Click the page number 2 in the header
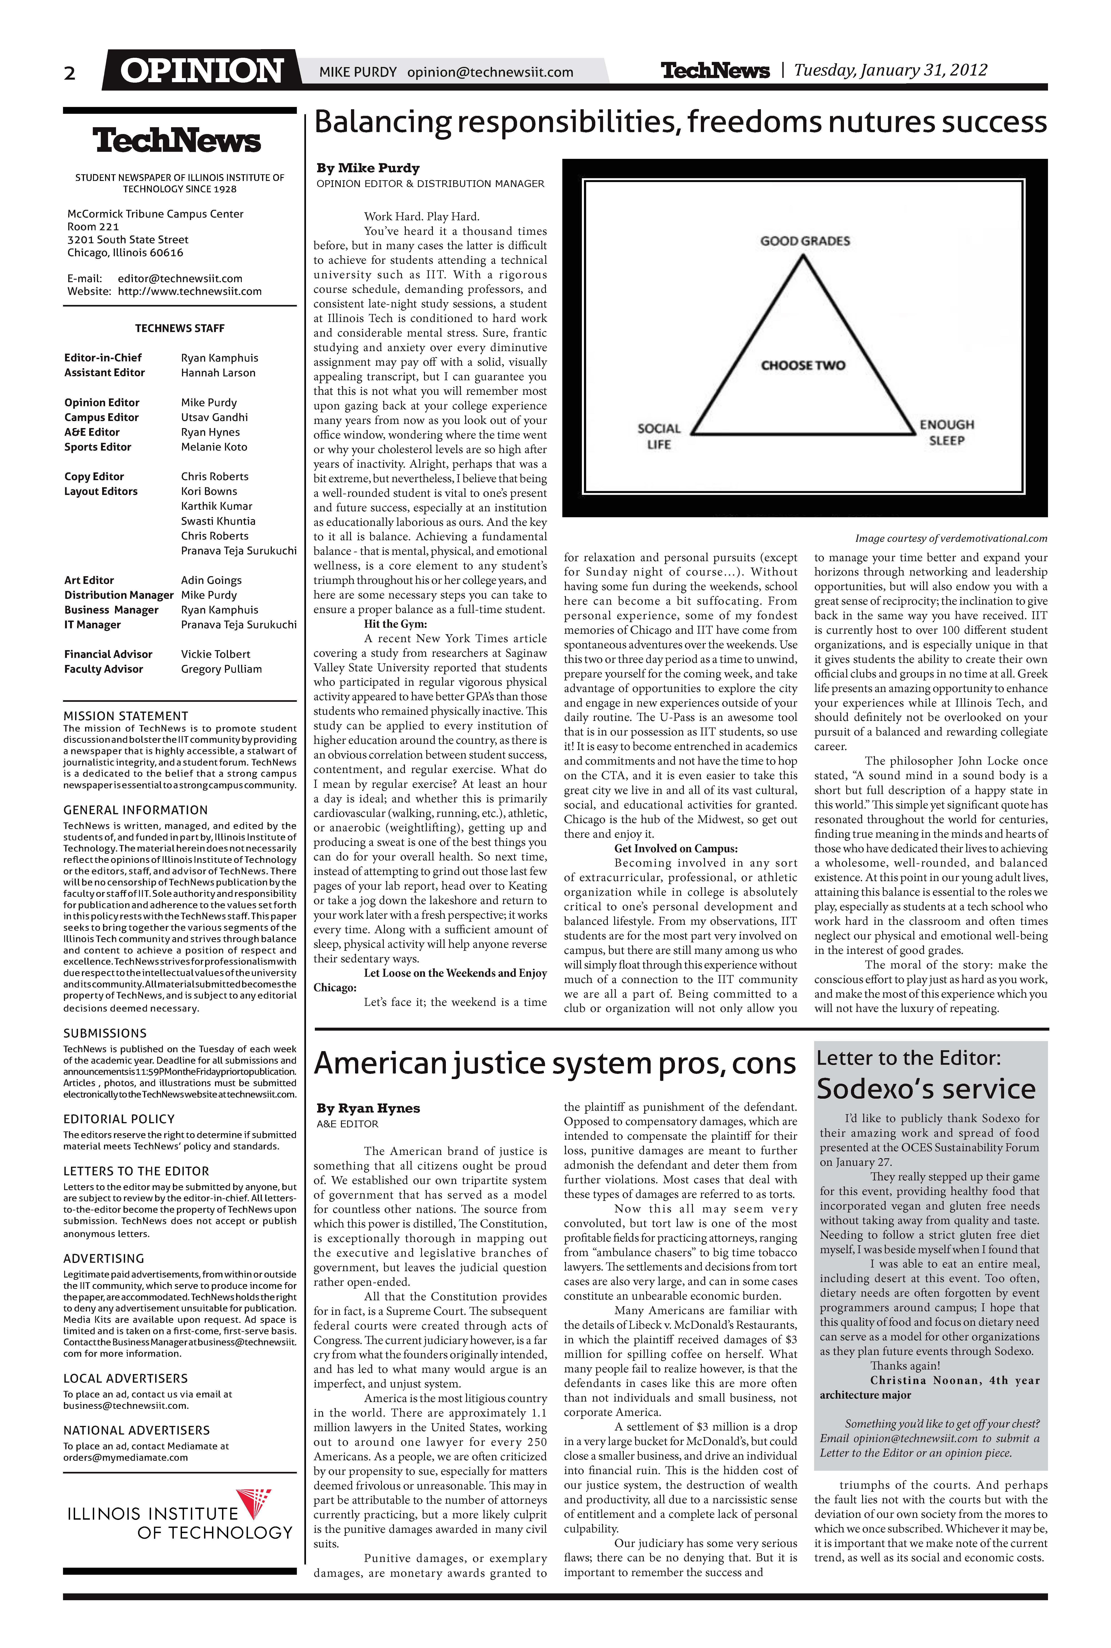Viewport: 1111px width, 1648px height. coord(69,73)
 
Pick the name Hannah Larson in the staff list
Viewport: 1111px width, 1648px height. coord(218,373)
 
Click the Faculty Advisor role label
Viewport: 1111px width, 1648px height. coord(104,669)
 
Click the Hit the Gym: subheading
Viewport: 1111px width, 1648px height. coord(395,624)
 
